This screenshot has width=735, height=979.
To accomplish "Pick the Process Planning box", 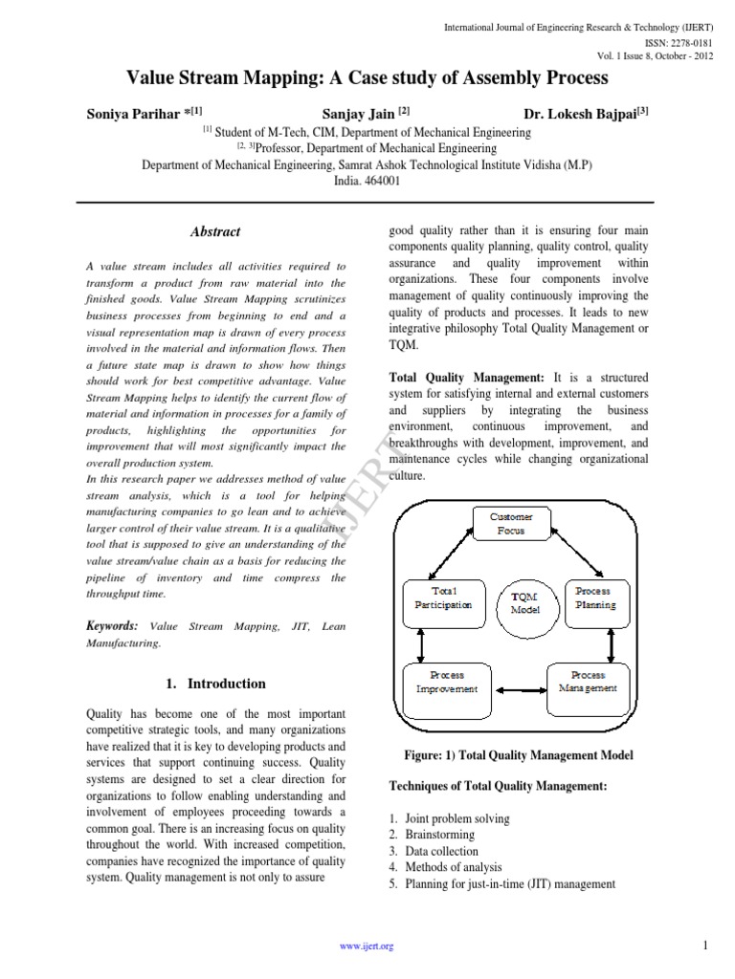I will coord(595,598).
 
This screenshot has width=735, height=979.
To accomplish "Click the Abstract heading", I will coord(215,231).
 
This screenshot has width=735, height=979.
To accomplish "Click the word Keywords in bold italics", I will coord(112,625).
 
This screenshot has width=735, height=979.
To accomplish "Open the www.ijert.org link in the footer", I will coord(367,946).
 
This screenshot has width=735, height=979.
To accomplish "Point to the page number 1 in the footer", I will coord(705,946).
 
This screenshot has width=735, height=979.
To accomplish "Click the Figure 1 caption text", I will coord(518,756).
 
